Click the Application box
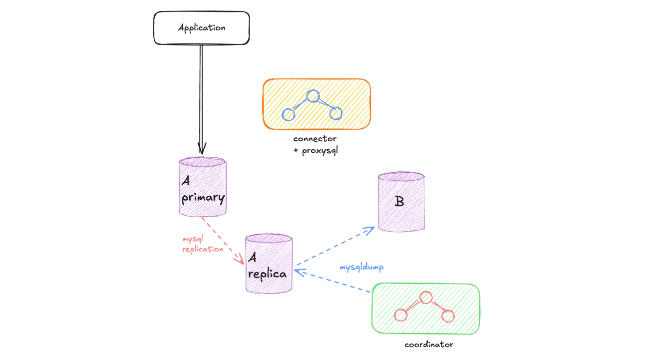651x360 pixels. [201, 28]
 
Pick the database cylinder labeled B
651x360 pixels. [401, 202]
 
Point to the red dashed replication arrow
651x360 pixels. [222, 240]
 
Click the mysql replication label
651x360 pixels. [202, 244]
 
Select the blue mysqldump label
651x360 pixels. [361, 267]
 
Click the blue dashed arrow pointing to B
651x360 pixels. [334, 246]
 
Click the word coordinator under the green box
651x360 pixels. [429, 345]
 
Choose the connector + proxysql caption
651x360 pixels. [315, 144]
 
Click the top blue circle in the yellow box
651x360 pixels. [313, 96]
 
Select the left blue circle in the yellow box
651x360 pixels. [289, 114]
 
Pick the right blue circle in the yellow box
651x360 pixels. [335, 113]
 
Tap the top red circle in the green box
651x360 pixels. [425, 298]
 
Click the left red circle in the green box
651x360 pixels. [400, 315]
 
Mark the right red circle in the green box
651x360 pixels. [448, 316]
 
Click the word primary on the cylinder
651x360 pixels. [203, 198]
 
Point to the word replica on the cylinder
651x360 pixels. [268, 274]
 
